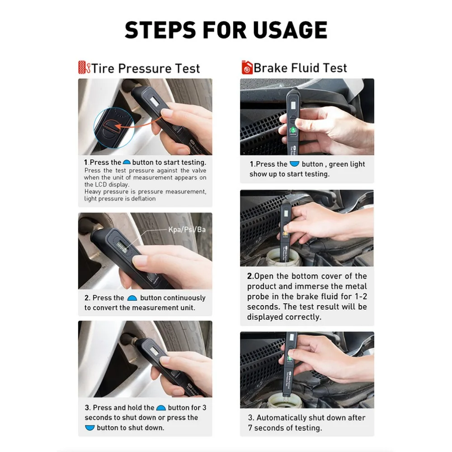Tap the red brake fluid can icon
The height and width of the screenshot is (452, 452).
coord(246,68)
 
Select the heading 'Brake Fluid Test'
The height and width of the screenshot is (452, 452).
coord(300,68)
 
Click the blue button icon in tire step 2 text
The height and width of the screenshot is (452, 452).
coord(132,298)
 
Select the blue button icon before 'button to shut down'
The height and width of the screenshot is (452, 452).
coord(90,428)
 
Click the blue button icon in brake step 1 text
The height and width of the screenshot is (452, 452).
coord(294,164)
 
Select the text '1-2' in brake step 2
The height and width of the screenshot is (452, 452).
coord(357,297)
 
